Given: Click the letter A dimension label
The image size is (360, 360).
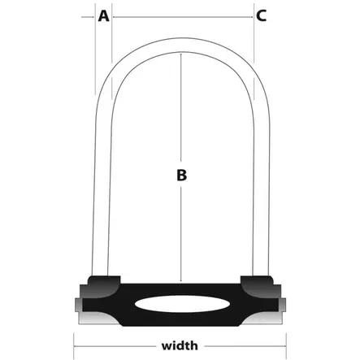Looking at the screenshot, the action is (x=103, y=16).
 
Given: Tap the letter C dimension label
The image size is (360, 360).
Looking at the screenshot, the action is (x=261, y=15).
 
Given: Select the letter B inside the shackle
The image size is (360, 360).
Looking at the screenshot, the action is (x=181, y=175).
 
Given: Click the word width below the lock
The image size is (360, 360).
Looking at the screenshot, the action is (x=180, y=346).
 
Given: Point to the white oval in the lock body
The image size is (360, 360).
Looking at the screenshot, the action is (x=181, y=304).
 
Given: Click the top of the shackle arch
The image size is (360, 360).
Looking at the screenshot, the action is (x=182, y=45).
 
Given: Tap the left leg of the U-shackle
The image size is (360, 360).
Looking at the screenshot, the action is (x=102, y=189).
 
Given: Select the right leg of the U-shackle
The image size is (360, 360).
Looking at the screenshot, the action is (x=262, y=189).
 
